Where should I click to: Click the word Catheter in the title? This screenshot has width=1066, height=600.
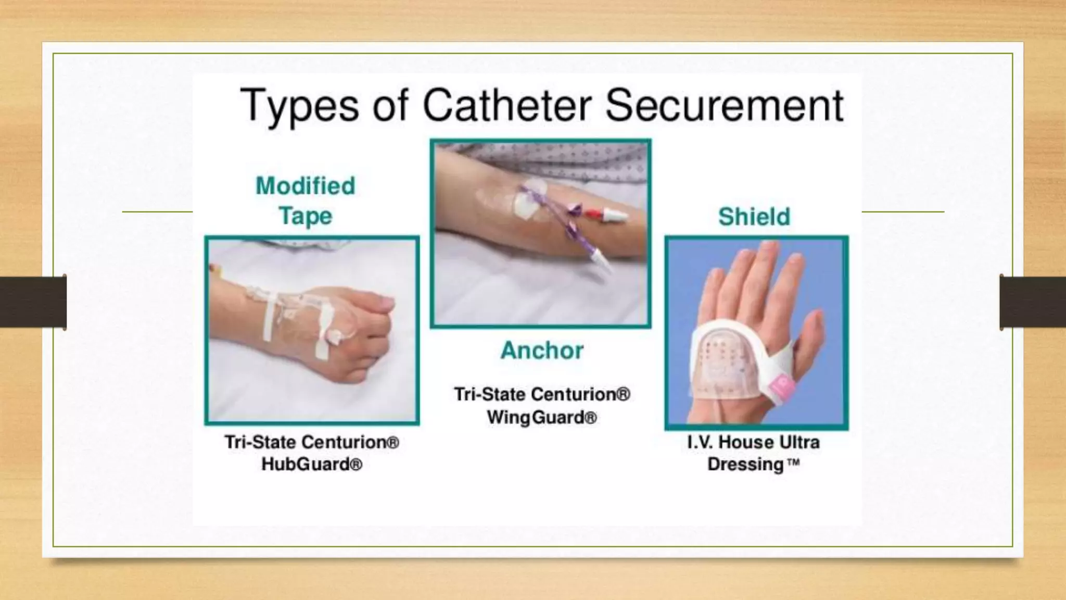pyautogui.click(x=507, y=106)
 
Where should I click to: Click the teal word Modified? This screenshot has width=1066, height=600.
pyautogui.click(x=306, y=186)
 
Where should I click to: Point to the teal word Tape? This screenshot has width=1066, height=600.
pyautogui.click(x=306, y=216)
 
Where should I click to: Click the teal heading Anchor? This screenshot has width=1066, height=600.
pyautogui.click(x=542, y=351)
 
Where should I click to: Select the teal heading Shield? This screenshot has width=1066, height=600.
pyautogui.click(x=754, y=217)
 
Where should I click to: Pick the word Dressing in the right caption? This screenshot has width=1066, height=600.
pyautogui.click(x=745, y=464)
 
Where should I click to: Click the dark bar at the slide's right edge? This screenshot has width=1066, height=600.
pyautogui.click(x=1033, y=302)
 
